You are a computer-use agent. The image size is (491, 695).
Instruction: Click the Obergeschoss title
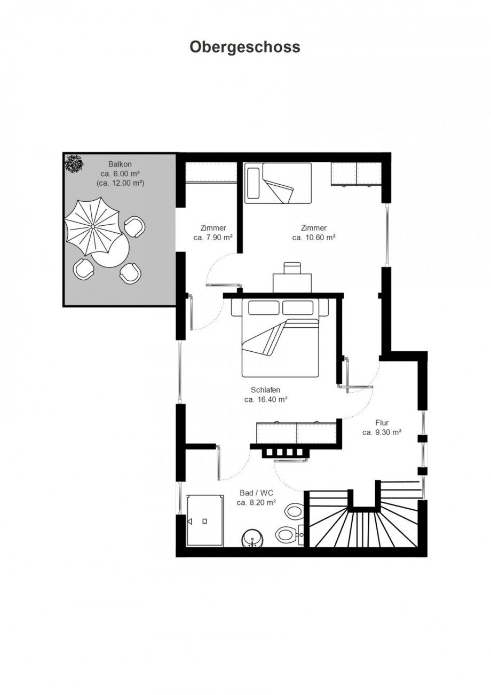click(x=245, y=48)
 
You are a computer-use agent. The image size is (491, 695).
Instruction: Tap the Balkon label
click(x=120, y=164)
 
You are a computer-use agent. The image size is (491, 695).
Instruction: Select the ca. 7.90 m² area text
click(x=213, y=238)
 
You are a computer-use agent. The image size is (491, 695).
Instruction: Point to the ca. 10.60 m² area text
click(x=314, y=238)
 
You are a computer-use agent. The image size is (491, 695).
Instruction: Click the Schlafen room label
click(x=265, y=390)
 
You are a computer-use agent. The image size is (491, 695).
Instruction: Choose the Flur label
click(x=382, y=423)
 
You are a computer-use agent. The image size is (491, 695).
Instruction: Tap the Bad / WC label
click(x=256, y=493)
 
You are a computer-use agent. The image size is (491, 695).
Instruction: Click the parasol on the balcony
click(x=92, y=226)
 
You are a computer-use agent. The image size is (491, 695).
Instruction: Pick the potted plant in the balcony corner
click(x=74, y=163)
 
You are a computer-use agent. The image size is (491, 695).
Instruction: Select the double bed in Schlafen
click(x=280, y=337)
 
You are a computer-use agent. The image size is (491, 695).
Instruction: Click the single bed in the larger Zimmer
click(x=278, y=183)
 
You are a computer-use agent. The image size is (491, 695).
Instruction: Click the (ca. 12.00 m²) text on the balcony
click(x=120, y=183)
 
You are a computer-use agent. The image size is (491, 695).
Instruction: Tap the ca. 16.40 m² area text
click(x=266, y=400)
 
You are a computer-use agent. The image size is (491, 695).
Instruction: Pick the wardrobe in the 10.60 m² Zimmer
click(x=357, y=175)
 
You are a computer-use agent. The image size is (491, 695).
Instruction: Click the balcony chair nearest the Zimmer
click(x=134, y=226)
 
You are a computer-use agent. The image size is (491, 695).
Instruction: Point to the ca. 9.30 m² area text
click(x=382, y=432)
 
